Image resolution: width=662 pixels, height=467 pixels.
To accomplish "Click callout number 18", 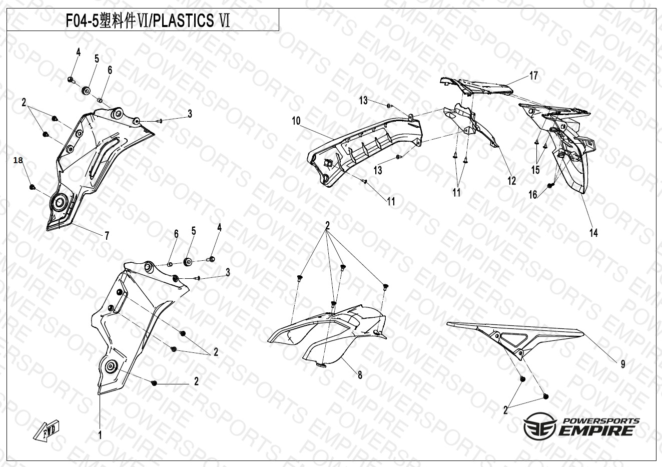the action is [x=18, y=161].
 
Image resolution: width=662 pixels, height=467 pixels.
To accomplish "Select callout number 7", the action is [x=107, y=236].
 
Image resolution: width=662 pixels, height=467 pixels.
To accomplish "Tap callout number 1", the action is [x=100, y=435].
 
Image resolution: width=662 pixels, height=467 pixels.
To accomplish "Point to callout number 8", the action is [x=360, y=375].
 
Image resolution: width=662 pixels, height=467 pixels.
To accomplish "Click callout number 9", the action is [x=623, y=364].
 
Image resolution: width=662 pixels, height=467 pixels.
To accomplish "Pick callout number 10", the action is [x=296, y=121].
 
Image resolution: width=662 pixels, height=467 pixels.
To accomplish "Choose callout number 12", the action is [x=511, y=181].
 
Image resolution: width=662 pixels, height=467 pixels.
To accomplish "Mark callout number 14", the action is [x=593, y=233].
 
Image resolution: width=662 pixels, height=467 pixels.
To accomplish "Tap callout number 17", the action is [x=533, y=76].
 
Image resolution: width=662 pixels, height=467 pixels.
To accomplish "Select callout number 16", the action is [x=533, y=195].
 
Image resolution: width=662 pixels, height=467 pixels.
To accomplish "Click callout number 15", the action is [x=535, y=170].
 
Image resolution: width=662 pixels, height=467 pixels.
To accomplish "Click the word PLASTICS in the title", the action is [x=184, y=21].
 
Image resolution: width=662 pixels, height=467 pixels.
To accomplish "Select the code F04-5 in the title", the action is [x=82, y=21].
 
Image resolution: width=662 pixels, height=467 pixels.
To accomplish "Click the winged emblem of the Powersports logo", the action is [x=539, y=425].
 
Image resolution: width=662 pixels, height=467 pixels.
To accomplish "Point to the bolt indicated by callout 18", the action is [x=32, y=187].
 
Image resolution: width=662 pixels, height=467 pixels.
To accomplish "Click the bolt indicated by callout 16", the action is [x=550, y=185].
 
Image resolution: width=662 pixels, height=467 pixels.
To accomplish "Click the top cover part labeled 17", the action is [x=476, y=86].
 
